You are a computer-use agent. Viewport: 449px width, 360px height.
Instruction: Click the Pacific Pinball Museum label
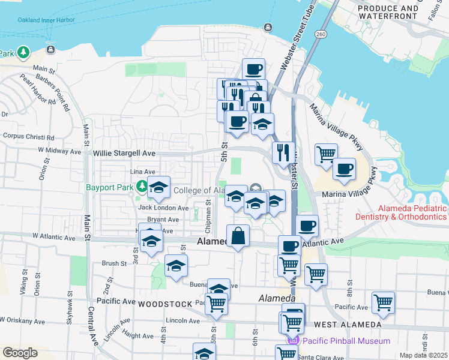[x=346, y=341]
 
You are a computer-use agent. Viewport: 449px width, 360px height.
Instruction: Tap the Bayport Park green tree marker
[x=141, y=186]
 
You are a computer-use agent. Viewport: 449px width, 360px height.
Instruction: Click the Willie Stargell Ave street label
[x=124, y=154]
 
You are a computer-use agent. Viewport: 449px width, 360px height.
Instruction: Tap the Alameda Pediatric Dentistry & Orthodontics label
[x=401, y=212]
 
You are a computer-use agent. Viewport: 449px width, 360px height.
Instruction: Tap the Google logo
[x=20, y=353]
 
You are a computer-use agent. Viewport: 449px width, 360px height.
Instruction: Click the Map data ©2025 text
[x=423, y=355]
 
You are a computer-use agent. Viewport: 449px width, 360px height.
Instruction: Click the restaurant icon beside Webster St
[x=283, y=152]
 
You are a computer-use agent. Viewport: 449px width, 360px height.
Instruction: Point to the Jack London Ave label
[x=163, y=208]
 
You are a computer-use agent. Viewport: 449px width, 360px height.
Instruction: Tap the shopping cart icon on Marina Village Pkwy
[x=326, y=154]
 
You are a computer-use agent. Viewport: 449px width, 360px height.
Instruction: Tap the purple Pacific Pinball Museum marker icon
[x=294, y=341]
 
